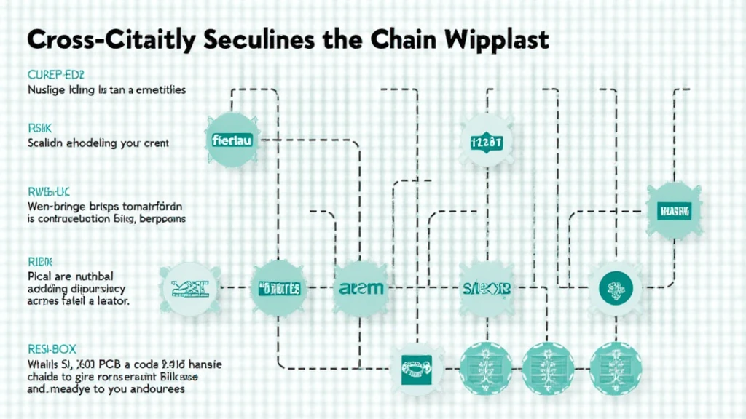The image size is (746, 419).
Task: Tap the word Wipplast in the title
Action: (502, 41)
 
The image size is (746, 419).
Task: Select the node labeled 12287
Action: (488, 142)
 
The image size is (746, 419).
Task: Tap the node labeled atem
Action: (359, 288)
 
